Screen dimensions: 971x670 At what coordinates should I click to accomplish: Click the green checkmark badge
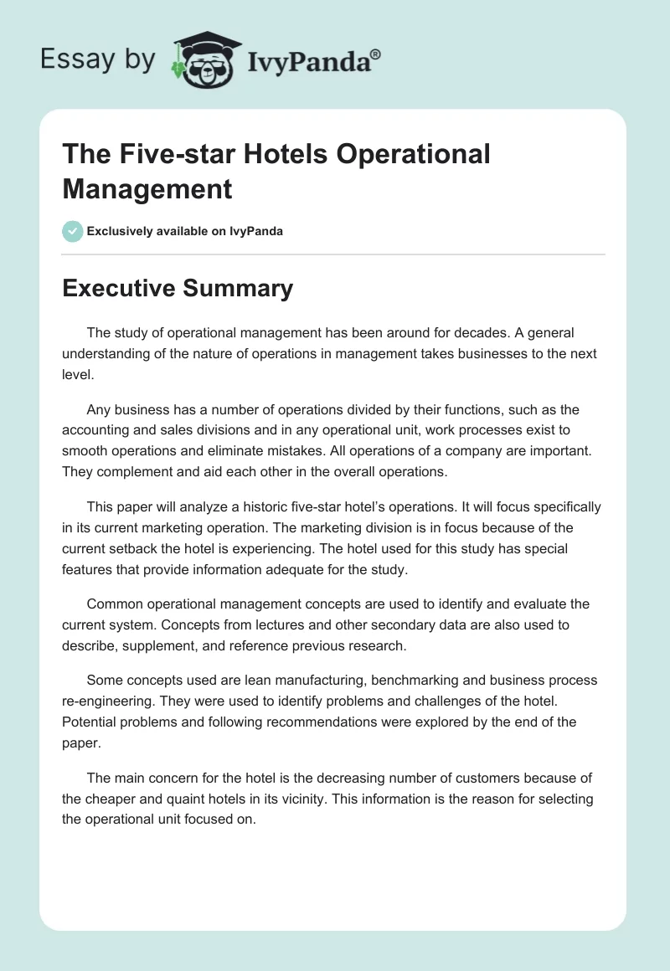click(73, 231)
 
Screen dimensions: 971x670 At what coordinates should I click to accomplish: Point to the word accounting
click(95, 430)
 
